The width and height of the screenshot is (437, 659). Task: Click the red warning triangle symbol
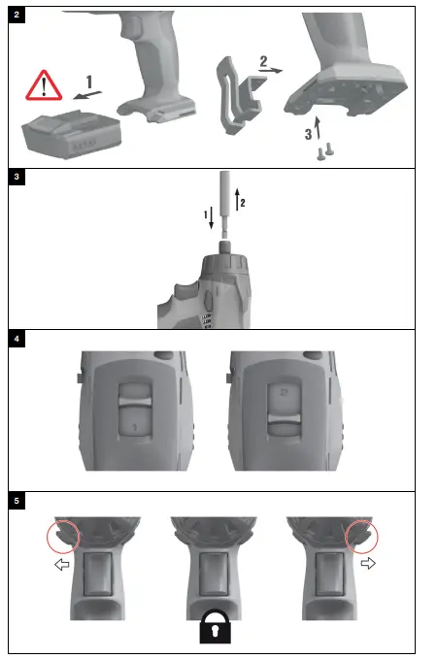click(43, 86)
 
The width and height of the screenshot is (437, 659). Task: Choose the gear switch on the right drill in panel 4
click(284, 407)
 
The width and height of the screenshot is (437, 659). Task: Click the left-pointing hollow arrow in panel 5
click(64, 563)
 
